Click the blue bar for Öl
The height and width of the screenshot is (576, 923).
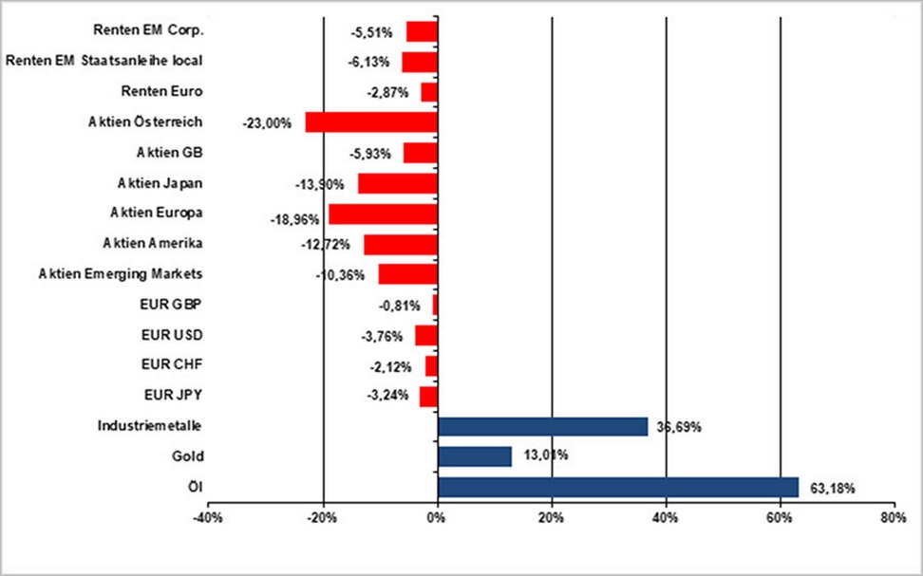click(x=617, y=488)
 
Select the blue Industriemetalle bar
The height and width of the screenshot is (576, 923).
click(x=542, y=426)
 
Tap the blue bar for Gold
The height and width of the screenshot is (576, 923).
click(x=474, y=456)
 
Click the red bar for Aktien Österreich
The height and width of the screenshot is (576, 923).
click(x=371, y=122)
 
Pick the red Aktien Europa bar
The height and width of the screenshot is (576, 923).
click(x=383, y=214)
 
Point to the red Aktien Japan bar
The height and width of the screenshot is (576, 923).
click(x=397, y=183)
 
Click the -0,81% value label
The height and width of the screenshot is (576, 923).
click(x=399, y=307)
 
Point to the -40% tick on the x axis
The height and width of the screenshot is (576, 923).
click(x=209, y=518)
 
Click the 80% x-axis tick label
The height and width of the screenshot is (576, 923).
click(x=894, y=518)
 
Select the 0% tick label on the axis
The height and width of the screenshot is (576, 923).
click(x=437, y=518)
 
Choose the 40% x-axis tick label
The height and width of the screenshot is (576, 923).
click(x=666, y=518)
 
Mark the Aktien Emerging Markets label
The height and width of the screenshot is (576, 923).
click(x=121, y=273)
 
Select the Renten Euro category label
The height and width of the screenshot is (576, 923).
click(x=162, y=91)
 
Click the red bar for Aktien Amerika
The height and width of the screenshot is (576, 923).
click(x=400, y=244)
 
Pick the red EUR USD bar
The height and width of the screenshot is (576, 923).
click(x=426, y=335)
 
